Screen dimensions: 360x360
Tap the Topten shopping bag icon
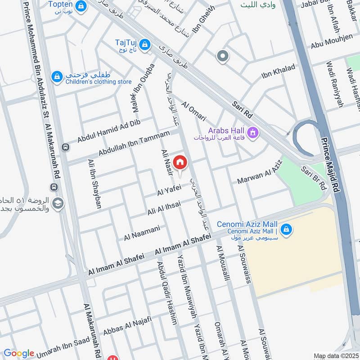tap(81, 6)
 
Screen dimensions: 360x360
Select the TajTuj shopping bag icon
tap(145, 44)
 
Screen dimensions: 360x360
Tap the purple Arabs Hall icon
tap(252, 133)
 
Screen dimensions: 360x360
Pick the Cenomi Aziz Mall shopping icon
tap(287, 230)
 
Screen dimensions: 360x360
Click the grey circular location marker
tap(222, 57)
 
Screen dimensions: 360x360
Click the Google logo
tap(19, 353)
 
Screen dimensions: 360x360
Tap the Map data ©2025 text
tap(336, 356)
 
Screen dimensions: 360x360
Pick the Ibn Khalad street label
tap(278, 72)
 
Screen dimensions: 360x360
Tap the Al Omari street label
tap(193, 111)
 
